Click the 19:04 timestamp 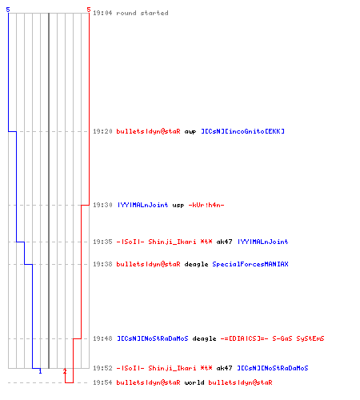click(102, 13)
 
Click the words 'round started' click(142, 13)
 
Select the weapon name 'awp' click(190, 132)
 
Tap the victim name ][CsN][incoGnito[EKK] click(242, 131)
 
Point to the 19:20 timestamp click(102, 131)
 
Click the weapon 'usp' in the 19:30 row click(178, 206)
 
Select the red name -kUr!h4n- click(206, 205)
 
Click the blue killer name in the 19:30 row click(142, 205)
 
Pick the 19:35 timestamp click(102, 242)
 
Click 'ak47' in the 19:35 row click(224, 242)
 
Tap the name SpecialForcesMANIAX click(250, 264)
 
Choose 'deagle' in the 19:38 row click(196, 264)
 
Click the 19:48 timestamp click(102, 338)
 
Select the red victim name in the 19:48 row click(272, 338)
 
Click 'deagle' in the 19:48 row click(204, 338)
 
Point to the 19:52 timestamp click(102, 368)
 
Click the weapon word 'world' click(194, 382)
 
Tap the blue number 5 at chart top click(8, 10)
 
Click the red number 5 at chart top click(89, 10)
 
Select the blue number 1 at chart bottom click(40, 371)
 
